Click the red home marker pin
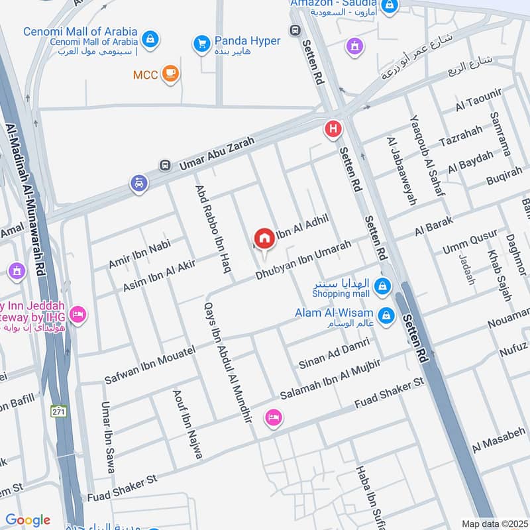click(x=264, y=238)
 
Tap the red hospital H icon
click(x=333, y=129)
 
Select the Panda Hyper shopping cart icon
click(x=201, y=44)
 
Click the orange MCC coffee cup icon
click(x=171, y=74)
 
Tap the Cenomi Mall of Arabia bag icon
click(x=150, y=37)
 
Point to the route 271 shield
click(x=60, y=411)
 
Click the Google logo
click(x=28, y=520)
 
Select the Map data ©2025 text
click(x=494, y=523)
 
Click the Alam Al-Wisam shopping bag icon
click(x=387, y=315)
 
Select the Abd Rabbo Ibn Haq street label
click(x=213, y=222)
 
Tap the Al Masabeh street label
click(x=498, y=440)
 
